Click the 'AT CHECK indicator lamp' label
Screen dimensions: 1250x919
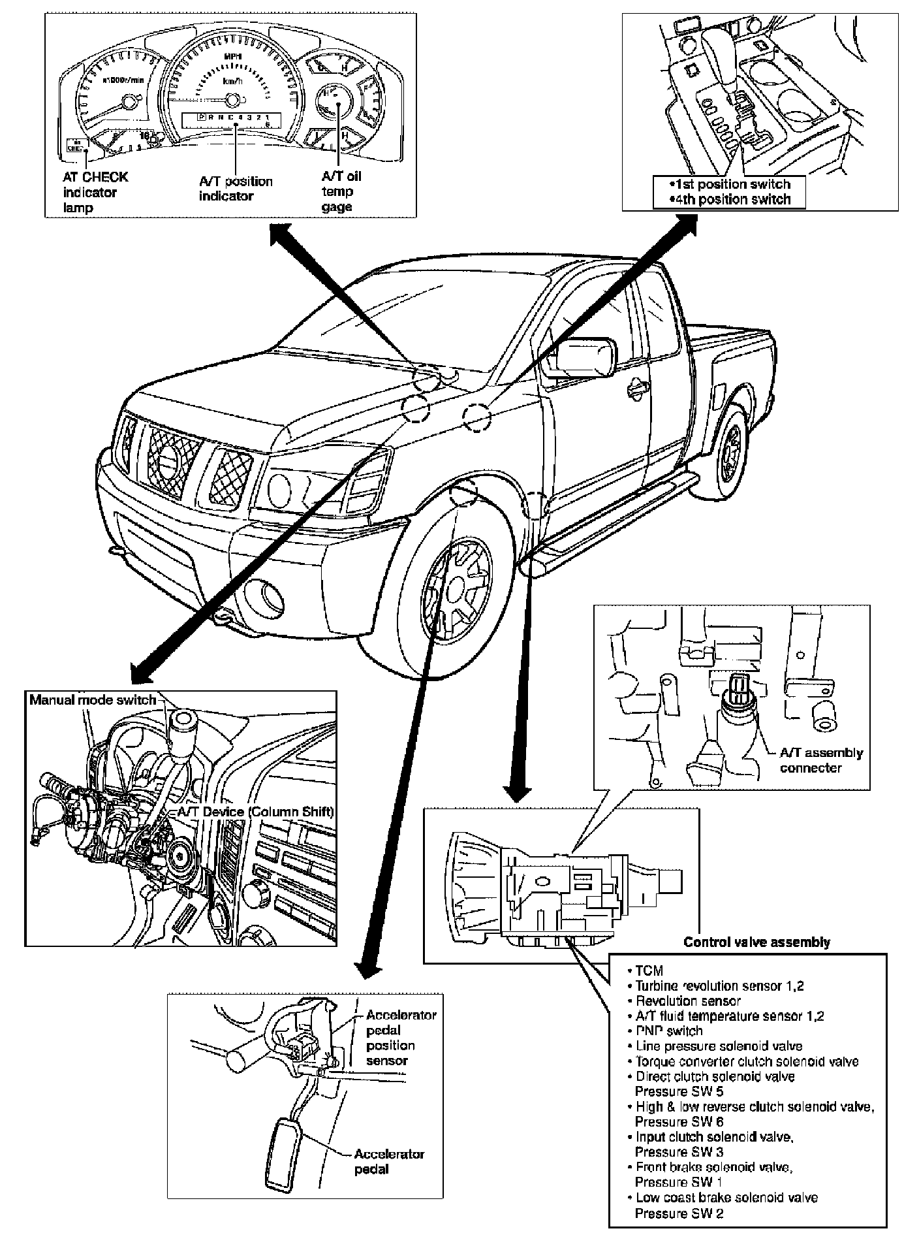[x=95, y=192]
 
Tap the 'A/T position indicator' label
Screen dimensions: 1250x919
[x=236, y=188]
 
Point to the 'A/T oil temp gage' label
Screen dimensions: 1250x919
[x=341, y=191]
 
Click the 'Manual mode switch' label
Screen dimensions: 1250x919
[x=93, y=700]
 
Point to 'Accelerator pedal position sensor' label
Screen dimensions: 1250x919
[x=400, y=1038]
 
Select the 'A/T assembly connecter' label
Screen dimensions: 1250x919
[x=820, y=760]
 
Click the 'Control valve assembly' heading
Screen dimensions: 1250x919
[x=756, y=942]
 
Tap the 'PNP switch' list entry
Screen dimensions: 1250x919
[x=668, y=1031]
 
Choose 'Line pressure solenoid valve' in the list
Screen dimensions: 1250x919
[x=718, y=1046]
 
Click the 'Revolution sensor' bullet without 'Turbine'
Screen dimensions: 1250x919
[x=687, y=1001]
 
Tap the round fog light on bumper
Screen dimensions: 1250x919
[x=266, y=596]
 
